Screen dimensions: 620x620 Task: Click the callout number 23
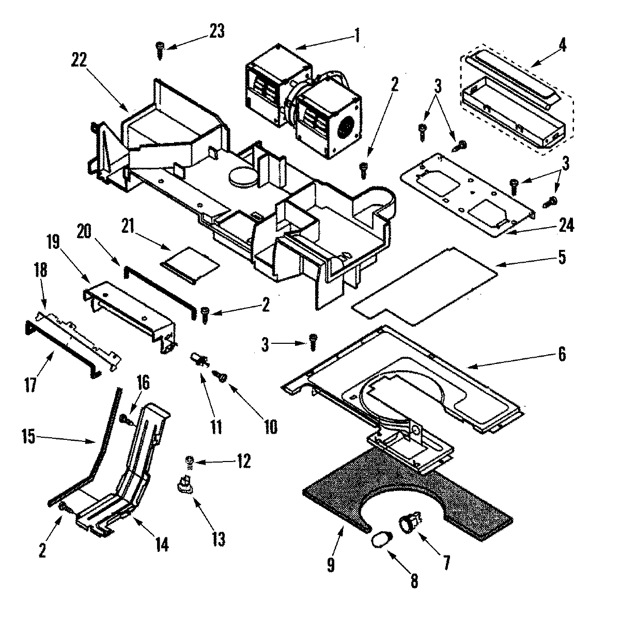(216, 32)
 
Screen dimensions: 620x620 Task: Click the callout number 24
(565, 226)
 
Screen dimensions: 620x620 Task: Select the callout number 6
(562, 354)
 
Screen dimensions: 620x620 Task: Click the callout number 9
(331, 565)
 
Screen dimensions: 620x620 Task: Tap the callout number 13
(218, 540)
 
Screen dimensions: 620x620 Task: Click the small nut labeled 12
(190, 460)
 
